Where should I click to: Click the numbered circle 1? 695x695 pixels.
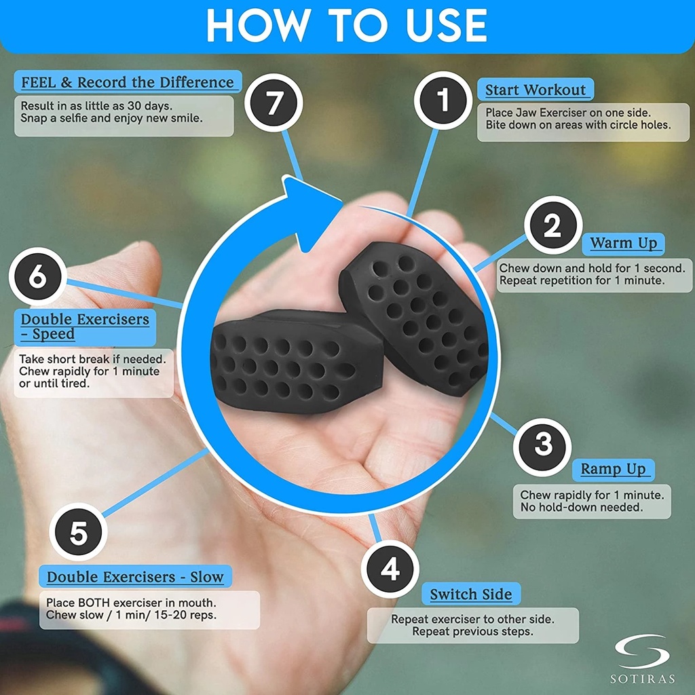click(x=443, y=100)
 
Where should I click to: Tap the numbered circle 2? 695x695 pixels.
click(x=552, y=225)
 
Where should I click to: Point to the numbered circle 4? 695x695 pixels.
click(x=390, y=569)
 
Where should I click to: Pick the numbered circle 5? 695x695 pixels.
click(x=79, y=532)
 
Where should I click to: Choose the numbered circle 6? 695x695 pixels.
click(x=38, y=276)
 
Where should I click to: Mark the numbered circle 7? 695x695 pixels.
click(x=274, y=102)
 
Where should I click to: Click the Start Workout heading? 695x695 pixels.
click(x=536, y=90)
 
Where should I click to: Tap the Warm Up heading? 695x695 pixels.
click(x=623, y=244)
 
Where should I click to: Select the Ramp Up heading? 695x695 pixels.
click(x=613, y=469)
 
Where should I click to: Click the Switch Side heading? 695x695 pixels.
click(x=471, y=594)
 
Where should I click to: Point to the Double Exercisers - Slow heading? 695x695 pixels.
click(x=135, y=577)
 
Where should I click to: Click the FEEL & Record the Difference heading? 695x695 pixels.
click(x=128, y=82)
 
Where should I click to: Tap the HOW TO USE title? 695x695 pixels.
click(x=347, y=25)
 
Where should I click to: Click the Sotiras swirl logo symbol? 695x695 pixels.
click(x=641, y=651)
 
